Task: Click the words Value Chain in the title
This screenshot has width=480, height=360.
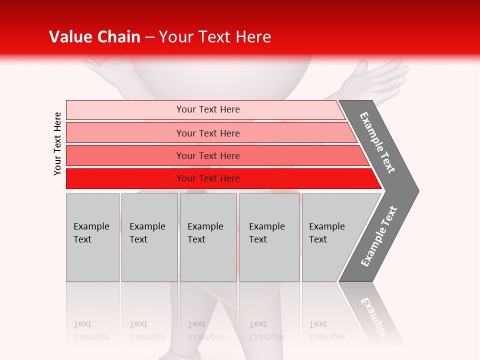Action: point(94,37)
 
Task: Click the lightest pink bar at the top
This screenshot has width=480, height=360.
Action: point(125,109)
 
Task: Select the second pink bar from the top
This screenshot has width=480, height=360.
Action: point(125,133)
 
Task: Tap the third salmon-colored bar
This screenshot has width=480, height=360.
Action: point(125,155)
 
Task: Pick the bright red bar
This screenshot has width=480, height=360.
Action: point(125,178)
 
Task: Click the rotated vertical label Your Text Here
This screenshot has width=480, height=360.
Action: point(57,143)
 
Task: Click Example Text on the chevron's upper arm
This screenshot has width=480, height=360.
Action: point(377,142)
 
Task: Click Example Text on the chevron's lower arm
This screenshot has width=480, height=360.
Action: point(378,236)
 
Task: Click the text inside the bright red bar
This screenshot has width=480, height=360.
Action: point(208,178)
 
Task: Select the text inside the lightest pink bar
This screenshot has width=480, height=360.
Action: point(208,109)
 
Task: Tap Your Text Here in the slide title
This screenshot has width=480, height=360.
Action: point(215,37)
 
